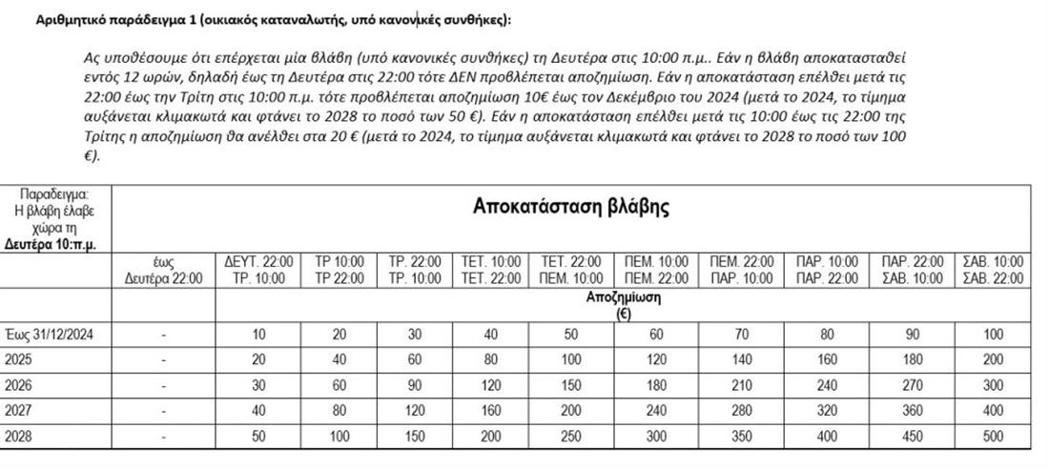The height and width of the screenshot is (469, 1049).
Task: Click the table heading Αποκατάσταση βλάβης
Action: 570,207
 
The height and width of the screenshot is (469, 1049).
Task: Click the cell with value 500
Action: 993,437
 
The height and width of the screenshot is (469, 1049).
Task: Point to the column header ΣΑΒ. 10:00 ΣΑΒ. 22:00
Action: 993,270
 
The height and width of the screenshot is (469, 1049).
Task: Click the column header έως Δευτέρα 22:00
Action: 164,270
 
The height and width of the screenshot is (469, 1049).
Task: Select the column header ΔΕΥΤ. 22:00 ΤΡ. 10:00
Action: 258,270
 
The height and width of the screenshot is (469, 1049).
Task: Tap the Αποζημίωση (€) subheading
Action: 624,305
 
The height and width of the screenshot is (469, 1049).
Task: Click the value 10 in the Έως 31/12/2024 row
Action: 258,334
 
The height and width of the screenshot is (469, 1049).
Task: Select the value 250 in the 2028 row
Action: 570,437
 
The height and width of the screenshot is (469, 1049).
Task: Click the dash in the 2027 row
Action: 164,412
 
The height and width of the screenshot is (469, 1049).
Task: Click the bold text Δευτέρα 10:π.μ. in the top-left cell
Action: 57,244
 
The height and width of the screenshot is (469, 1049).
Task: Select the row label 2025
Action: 18,360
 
